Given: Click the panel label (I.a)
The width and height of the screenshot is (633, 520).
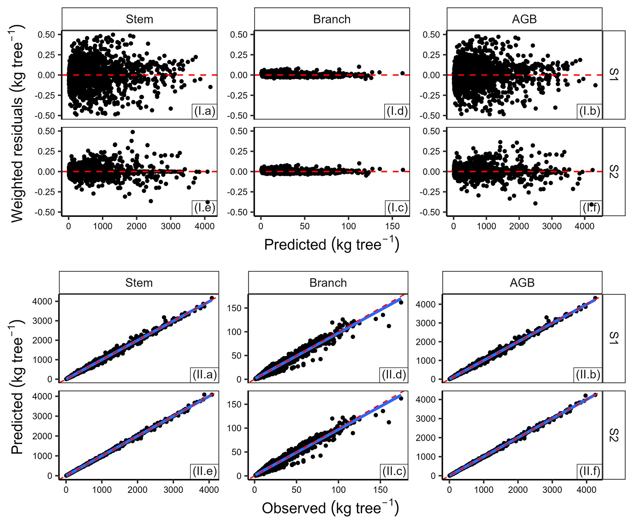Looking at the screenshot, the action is (204, 111).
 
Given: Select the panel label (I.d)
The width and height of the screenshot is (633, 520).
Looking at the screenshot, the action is (397, 111).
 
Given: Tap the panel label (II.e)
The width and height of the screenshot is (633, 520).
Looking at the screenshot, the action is (204, 471).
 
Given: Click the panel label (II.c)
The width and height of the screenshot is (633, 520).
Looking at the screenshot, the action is (394, 471).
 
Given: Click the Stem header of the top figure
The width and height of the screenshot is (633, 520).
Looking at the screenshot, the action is (139, 19).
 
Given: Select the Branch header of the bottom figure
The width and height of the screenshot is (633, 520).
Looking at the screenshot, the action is (328, 283).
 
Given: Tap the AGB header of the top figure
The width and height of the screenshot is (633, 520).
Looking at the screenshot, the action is (524, 19).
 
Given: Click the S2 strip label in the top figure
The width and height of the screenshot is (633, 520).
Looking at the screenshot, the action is (613, 171).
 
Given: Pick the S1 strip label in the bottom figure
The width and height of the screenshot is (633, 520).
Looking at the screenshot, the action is (613, 338).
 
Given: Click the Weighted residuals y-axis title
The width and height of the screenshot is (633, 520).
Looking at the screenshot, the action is (18, 123).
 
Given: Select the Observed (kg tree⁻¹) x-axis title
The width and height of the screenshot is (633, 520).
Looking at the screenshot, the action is (330, 508).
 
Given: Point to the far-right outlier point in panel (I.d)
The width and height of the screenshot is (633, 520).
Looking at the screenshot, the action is (402, 73).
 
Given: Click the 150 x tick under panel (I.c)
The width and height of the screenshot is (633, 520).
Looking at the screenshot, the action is (392, 226).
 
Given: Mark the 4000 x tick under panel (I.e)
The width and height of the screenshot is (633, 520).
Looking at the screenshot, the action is (204, 226).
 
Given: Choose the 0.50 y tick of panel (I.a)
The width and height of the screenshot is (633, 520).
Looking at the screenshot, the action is (46, 34).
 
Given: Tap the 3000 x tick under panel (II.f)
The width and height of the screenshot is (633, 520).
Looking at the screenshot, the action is (552, 489).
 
